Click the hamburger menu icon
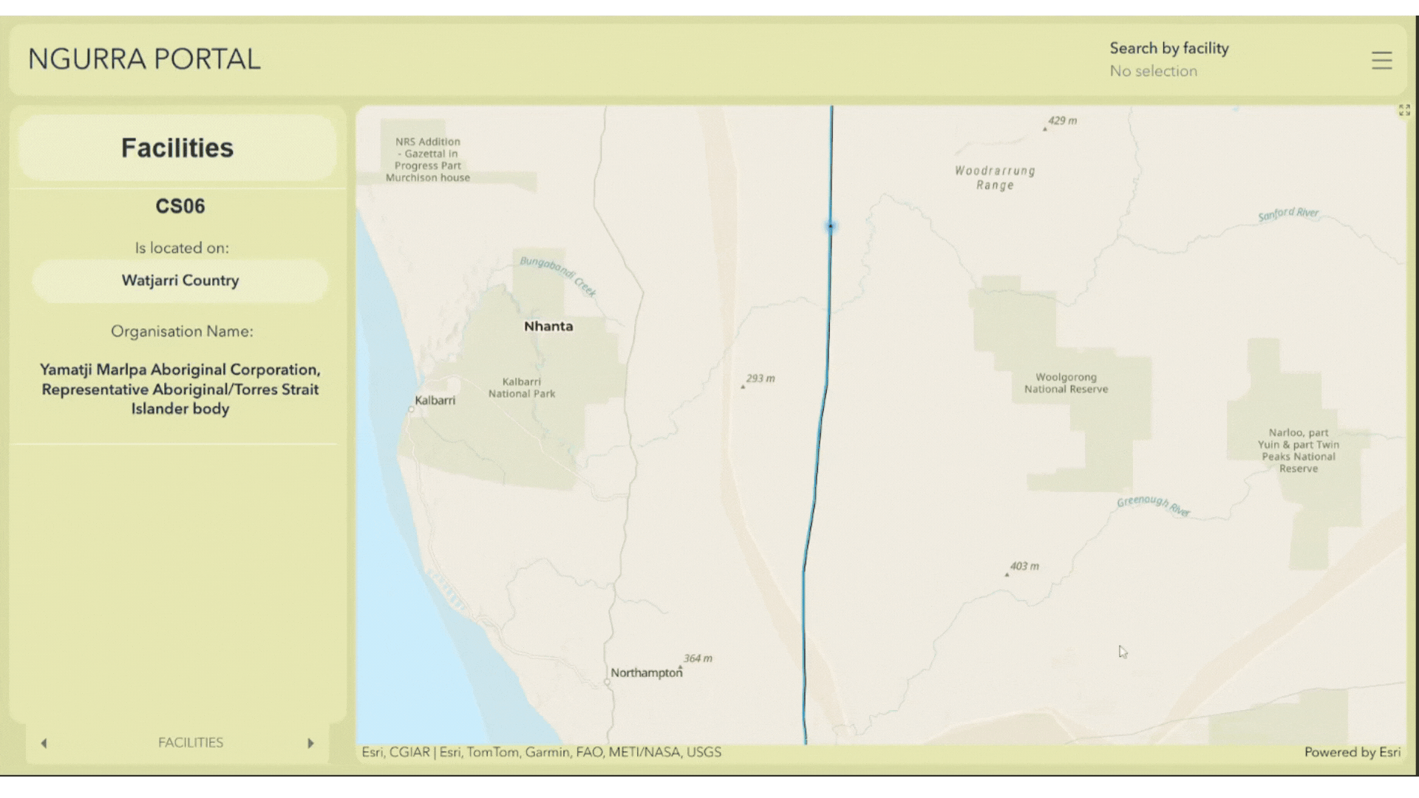[1381, 60]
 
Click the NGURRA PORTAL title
[144, 59]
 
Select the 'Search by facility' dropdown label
[1168, 48]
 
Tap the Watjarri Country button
[180, 281]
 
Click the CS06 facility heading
[180, 206]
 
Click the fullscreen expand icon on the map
[1404, 110]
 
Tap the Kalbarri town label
[435, 400]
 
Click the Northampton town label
[646, 672]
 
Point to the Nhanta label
[548, 326]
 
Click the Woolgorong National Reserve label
[1066, 383]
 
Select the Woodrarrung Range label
[995, 177]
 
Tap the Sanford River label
[1288, 214]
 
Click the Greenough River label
[1153, 505]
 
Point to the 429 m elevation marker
[1061, 121]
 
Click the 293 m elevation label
[760, 378]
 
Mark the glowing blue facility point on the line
[831, 226]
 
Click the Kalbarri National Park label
[522, 387]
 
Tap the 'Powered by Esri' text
[1352, 752]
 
